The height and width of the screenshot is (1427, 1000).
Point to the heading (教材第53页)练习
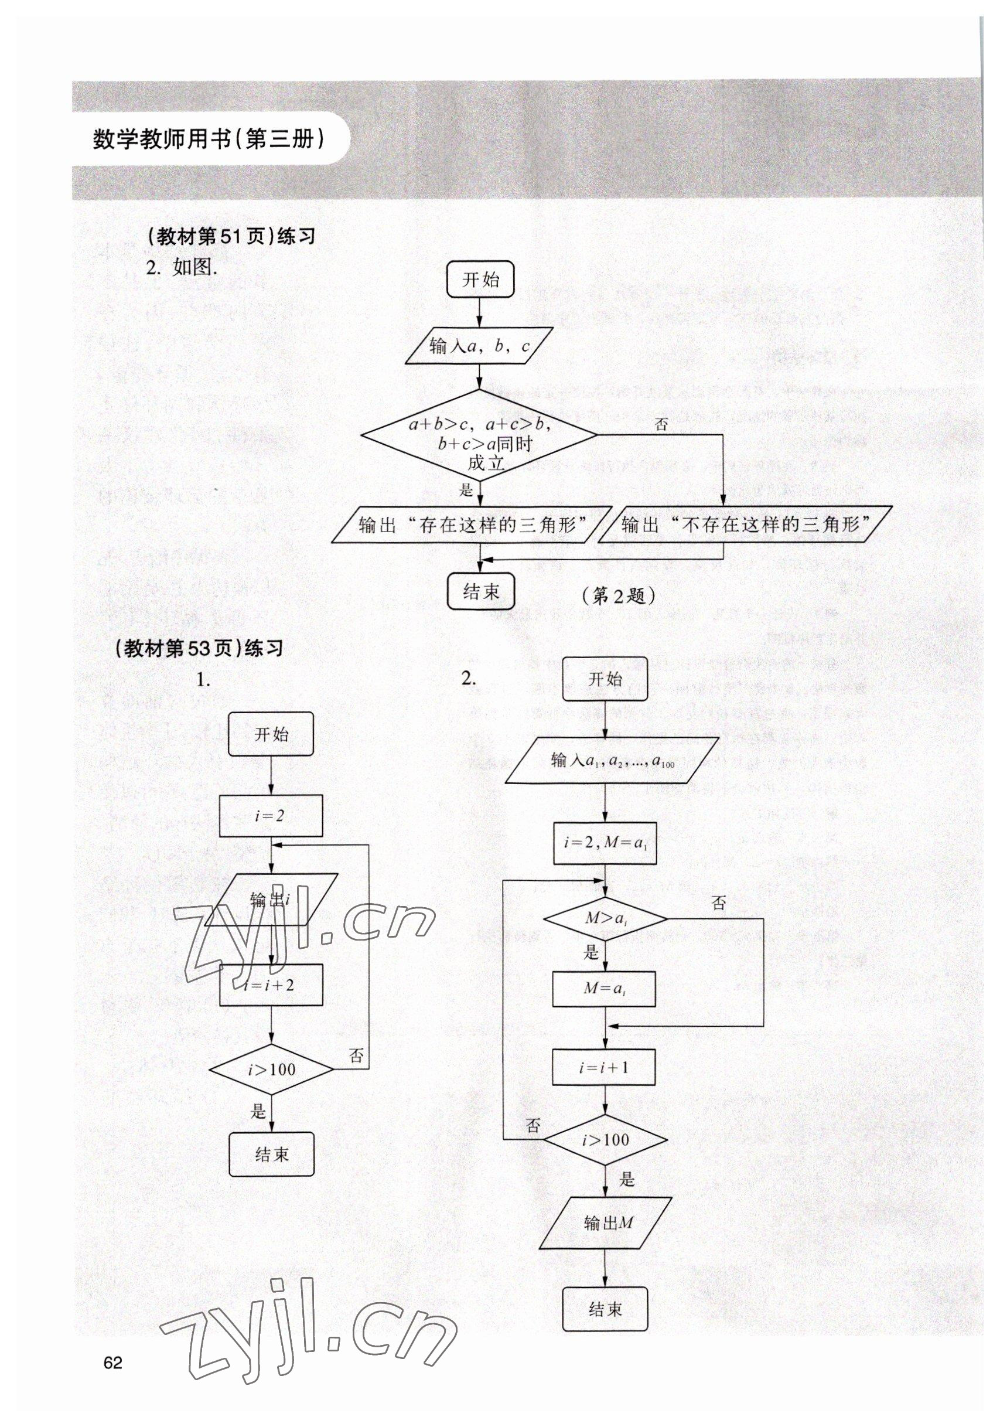[199, 649]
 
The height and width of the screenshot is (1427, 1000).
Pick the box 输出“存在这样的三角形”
[467, 525]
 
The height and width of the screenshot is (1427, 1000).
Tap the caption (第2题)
[618, 596]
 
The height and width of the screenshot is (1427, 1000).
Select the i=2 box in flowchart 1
[271, 815]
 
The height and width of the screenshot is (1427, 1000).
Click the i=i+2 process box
[271, 985]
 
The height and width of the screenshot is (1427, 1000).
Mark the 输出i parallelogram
[271, 900]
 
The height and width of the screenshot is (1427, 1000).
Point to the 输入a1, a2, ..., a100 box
[612, 760]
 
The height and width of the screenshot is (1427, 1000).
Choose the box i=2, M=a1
[605, 843]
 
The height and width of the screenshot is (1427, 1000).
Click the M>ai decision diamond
[605, 918]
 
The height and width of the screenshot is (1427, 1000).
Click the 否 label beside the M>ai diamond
[718, 902]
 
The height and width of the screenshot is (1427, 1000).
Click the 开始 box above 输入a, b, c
[481, 280]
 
